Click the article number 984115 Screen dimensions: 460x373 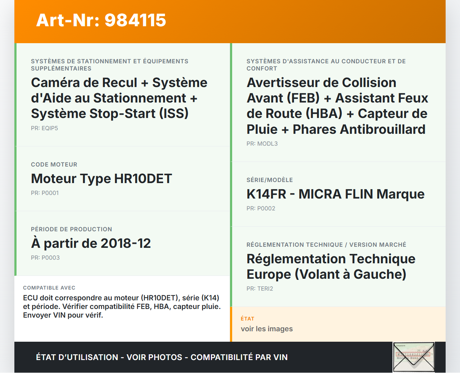(x=135, y=20)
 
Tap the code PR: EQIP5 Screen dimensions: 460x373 (x=45, y=128)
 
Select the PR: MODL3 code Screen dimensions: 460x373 (x=262, y=144)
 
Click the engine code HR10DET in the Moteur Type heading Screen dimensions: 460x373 (x=143, y=179)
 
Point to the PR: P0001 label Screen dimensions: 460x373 (x=45, y=193)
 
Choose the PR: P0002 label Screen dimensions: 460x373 (x=261, y=209)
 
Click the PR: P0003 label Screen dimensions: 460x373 (x=45, y=258)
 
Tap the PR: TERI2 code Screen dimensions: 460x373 (x=260, y=289)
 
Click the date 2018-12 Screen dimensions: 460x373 (x=126, y=244)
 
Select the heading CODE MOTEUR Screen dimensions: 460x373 (x=54, y=164)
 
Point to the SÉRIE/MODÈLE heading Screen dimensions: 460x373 (x=270, y=180)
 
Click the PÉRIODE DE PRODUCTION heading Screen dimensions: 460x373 (x=72, y=229)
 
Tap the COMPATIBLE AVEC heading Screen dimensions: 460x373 (x=49, y=288)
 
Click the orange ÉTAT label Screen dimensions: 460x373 (x=248, y=319)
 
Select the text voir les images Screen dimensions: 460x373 (x=267, y=329)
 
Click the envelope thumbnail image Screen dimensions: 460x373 (x=414, y=357)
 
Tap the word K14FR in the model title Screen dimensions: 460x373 (x=266, y=194)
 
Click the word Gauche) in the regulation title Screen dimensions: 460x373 (x=380, y=274)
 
